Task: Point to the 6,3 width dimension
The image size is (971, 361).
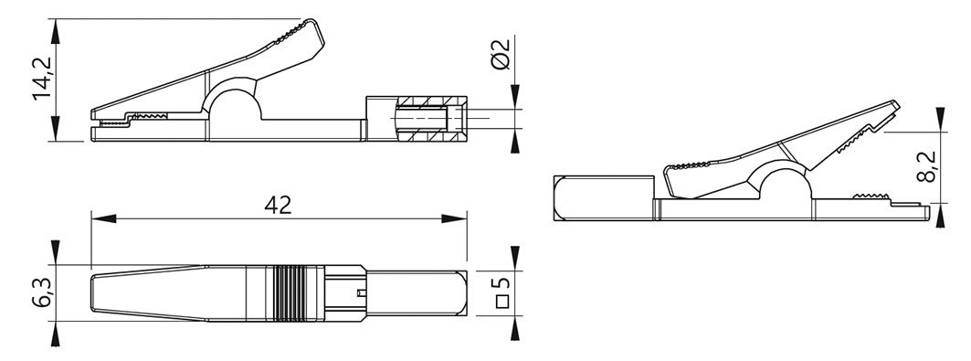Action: [x=40, y=293]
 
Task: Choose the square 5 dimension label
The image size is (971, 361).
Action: [x=501, y=293]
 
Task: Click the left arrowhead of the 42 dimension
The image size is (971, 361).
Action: [x=98, y=218]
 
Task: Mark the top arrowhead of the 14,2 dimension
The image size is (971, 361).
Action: [x=57, y=27]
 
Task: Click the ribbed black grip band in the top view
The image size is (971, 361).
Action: [x=294, y=293]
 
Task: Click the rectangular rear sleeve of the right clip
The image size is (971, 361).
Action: [x=603, y=197]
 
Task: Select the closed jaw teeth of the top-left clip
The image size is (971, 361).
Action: [x=146, y=118]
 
